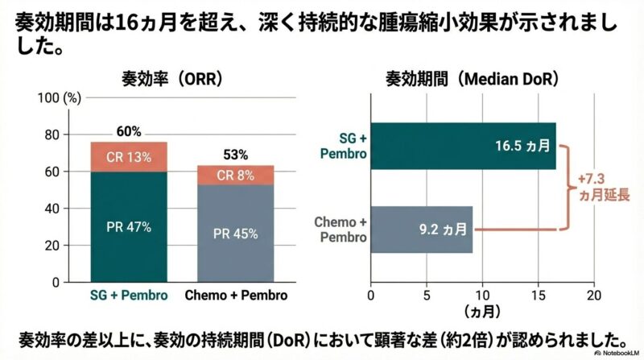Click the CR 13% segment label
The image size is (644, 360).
[129, 157]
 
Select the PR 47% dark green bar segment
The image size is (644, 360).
[129, 227]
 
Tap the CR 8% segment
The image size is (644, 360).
[236, 174]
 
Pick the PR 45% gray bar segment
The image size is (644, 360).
[236, 234]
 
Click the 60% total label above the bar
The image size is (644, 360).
[129, 131]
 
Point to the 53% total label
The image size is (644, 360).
[236, 155]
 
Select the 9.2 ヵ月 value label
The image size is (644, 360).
[443, 230]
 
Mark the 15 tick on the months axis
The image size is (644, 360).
[538, 295]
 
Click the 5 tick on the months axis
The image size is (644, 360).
[427, 295]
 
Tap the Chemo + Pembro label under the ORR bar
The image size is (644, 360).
[236, 296]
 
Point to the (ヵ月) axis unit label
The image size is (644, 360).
[481, 310]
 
